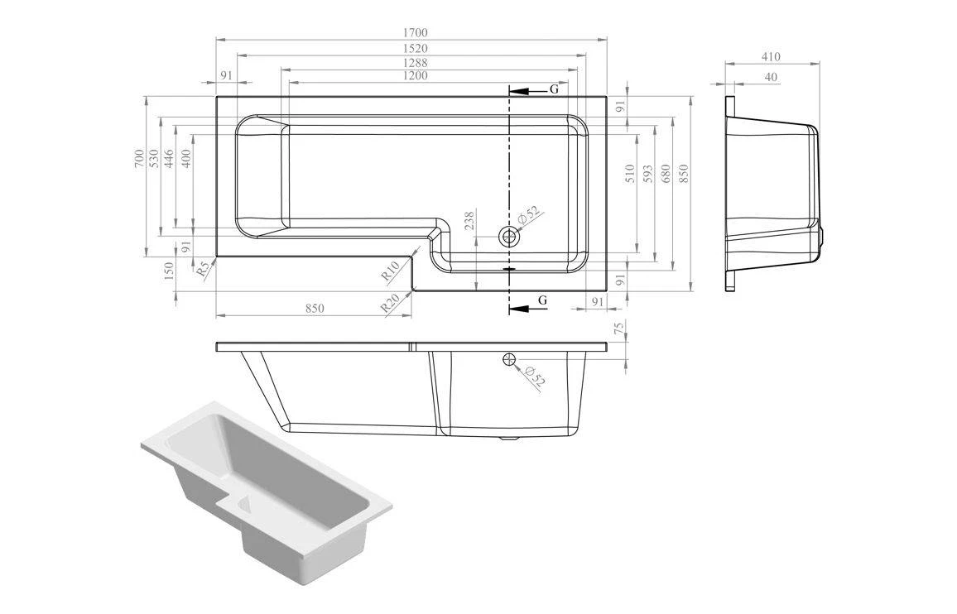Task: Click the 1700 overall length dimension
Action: (x=416, y=33)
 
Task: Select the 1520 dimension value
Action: (x=416, y=48)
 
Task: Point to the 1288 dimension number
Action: (x=416, y=62)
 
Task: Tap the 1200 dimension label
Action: (x=416, y=76)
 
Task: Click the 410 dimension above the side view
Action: (x=771, y=57)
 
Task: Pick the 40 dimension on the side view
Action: (x=771, y=77)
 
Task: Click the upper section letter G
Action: (x=554, y=89)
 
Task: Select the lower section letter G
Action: (x=543, y=300)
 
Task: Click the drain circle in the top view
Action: (x=508, y=237)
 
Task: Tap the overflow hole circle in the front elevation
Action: (x=509, y=359)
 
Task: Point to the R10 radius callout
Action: (x=391, y=270)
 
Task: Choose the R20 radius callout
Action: (x=390, y=302)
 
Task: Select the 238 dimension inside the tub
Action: (x=469, y=222)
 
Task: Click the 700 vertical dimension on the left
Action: (x=139, y=158)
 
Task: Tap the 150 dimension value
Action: (x=170, y=271)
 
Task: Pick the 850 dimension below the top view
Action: (x=315, y=309)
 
